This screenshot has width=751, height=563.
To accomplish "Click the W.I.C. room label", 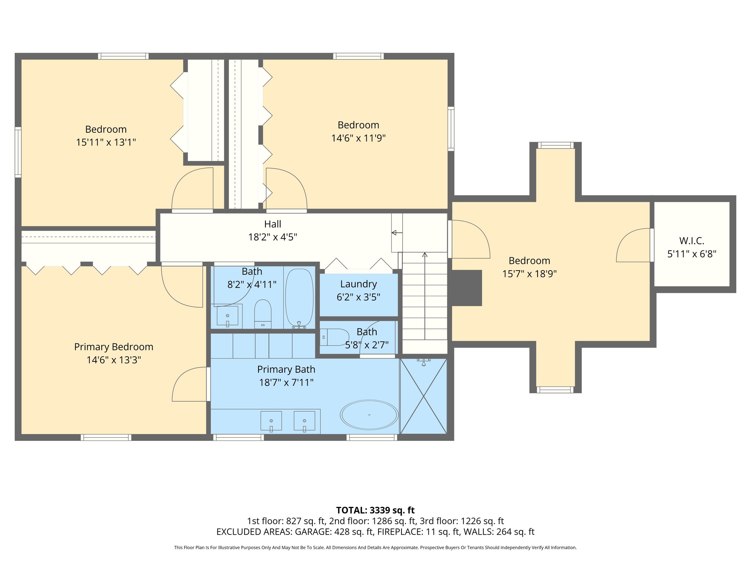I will coord(692,241).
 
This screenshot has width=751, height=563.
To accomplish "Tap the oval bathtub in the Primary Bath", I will coord(369,415).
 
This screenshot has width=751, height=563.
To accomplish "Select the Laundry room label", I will coord(358,284).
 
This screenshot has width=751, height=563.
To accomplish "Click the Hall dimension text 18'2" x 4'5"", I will coord(272,237).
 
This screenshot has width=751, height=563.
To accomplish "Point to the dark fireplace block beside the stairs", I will coord(466,288).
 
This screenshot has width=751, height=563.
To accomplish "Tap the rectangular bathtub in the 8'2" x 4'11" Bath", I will coord(299,298).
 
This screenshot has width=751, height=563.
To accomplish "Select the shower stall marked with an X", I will coord(423,396).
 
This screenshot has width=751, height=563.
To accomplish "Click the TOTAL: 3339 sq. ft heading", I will coord(375,510).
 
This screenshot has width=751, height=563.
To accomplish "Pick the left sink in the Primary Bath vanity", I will coord(271,420).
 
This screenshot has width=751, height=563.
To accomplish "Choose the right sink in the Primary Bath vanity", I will coord(304,420).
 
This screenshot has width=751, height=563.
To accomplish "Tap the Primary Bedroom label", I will coord(114,347).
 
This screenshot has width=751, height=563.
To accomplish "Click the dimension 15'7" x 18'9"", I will coord(529,274).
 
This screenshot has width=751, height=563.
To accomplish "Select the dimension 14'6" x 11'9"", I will coord(358,138).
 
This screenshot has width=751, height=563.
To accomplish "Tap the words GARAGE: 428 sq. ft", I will coord(334,531).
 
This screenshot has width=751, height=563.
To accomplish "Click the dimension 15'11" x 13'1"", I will coord(106,142).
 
